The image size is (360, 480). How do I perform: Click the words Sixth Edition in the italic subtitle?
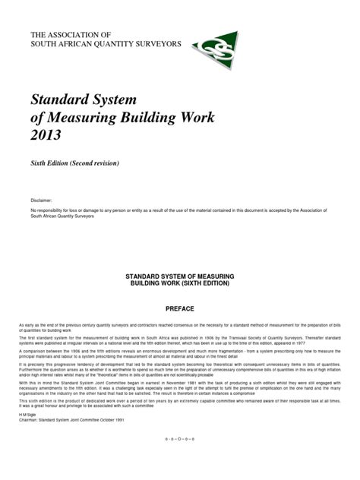pyautogui.click(x=52, y=163)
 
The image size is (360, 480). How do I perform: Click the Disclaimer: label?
pyautogui.click(x=41, y=203)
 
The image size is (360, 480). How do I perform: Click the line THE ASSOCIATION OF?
pyautogui.click(x=70, y=35)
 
